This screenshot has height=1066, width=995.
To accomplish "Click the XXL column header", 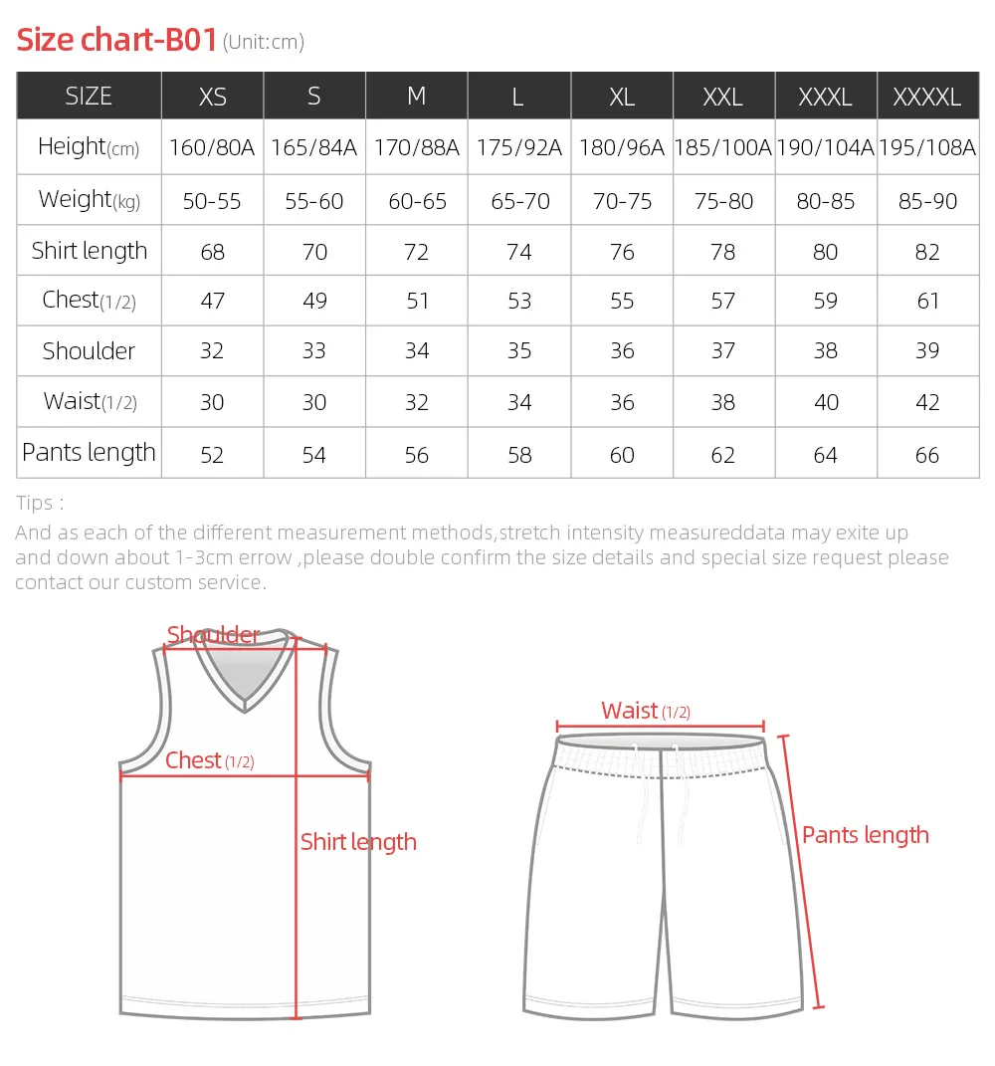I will coord(723,97).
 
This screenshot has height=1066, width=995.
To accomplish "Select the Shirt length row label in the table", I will coord(90,251).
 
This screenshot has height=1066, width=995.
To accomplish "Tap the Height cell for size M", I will coord(417,148).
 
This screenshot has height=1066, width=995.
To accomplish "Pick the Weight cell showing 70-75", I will coord(622,201).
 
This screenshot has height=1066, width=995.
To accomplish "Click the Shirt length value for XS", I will coord(213,252).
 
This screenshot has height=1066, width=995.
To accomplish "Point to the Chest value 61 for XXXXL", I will coord(927,301).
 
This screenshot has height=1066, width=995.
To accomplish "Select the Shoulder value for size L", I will coord(519,351).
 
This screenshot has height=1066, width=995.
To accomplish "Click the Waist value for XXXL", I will coord(826,403).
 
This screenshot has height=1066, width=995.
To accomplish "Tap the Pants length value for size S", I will coord(314,455).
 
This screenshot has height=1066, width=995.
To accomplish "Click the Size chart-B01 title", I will coord(117,40).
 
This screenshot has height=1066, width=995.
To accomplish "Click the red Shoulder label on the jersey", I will coord(213,635).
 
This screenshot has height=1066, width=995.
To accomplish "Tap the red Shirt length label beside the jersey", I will coord(358,842).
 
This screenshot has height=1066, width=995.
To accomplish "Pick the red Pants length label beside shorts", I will coord(866,835).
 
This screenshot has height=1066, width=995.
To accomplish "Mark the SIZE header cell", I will coord(89,97).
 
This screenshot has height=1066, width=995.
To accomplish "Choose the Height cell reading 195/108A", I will coord(927,148).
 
